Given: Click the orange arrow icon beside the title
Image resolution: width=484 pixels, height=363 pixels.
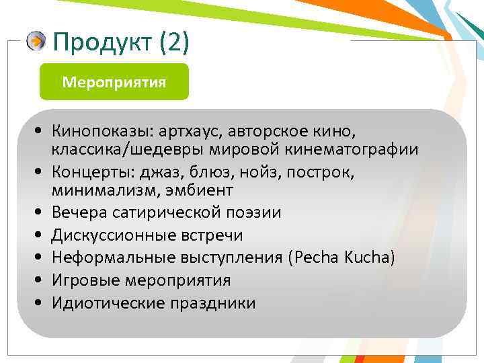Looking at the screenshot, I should click(x=36, y=42).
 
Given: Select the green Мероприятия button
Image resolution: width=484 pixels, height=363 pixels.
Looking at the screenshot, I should click(x=114, y=82).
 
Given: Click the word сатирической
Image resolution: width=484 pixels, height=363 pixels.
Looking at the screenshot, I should click(x=160, y=213).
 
